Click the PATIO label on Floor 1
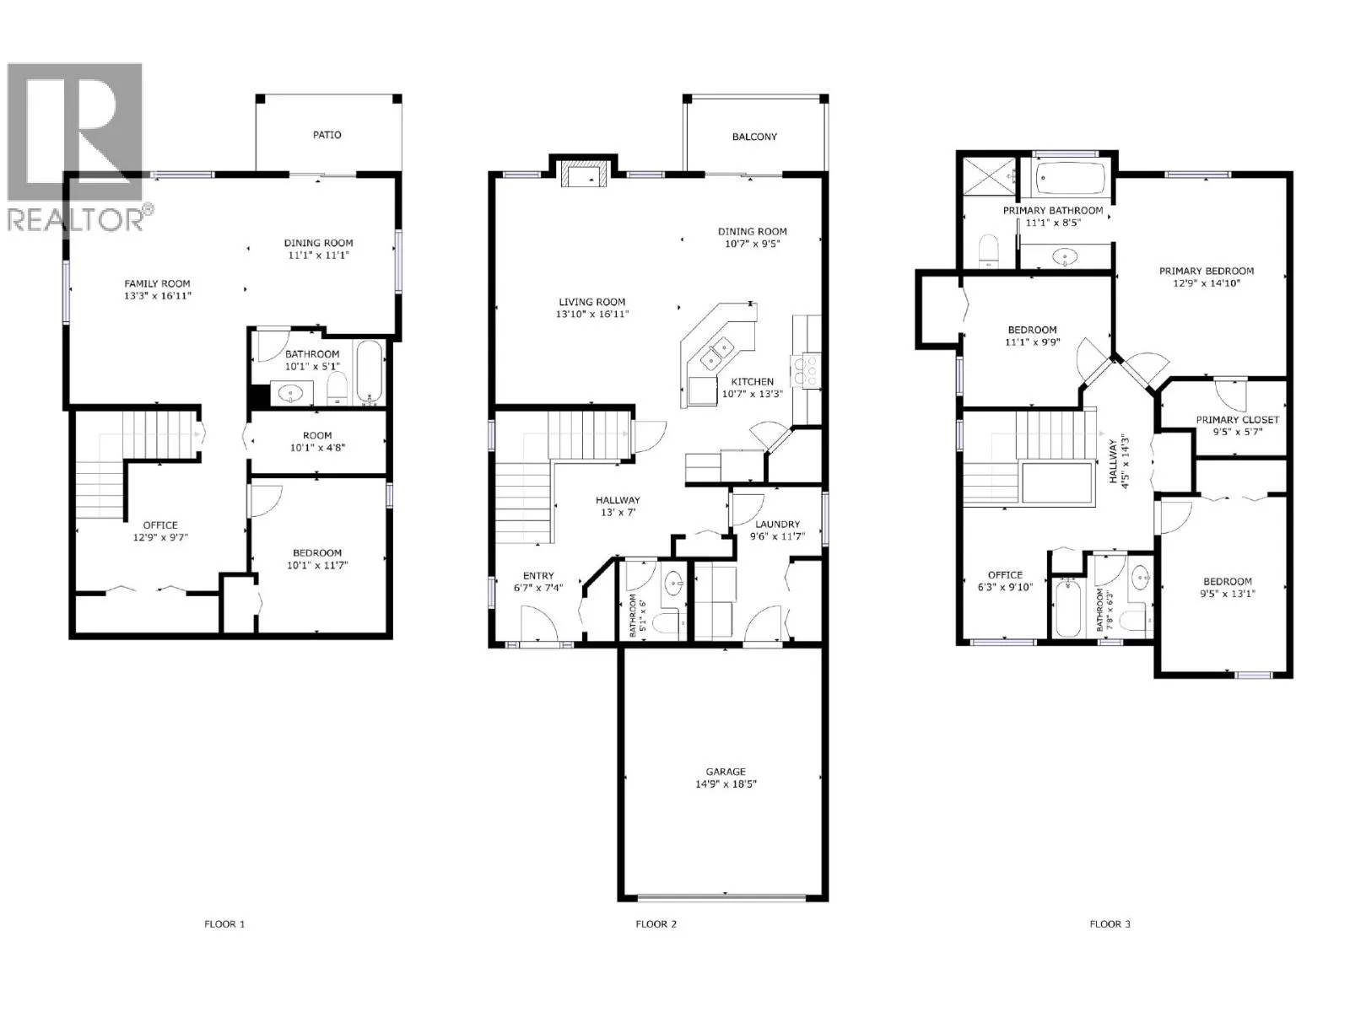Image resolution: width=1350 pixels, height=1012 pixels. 327,135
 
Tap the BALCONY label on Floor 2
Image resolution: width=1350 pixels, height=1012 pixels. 754,137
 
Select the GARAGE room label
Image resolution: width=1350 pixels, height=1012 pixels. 726,772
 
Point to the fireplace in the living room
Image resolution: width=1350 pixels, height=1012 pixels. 583,175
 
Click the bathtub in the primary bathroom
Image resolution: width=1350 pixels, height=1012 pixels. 1070,179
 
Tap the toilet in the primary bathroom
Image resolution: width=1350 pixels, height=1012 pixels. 988,250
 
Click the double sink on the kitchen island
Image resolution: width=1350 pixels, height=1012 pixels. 717,354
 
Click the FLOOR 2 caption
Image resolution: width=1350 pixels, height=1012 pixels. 656,924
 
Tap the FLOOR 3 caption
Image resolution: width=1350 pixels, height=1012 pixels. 1110,924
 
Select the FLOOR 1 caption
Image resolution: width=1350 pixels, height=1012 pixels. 224,924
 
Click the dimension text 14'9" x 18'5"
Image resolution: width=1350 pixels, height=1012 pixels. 726,784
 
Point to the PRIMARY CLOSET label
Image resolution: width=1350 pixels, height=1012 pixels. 1237,420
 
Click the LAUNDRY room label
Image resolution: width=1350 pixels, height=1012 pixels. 777,525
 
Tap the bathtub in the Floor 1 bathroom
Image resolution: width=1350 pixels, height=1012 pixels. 370,373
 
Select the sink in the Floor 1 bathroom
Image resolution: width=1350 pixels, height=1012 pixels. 291,393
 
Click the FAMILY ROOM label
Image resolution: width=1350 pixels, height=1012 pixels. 158,284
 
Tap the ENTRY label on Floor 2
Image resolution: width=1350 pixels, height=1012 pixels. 538,576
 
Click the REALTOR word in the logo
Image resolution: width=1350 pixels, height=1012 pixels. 75,220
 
